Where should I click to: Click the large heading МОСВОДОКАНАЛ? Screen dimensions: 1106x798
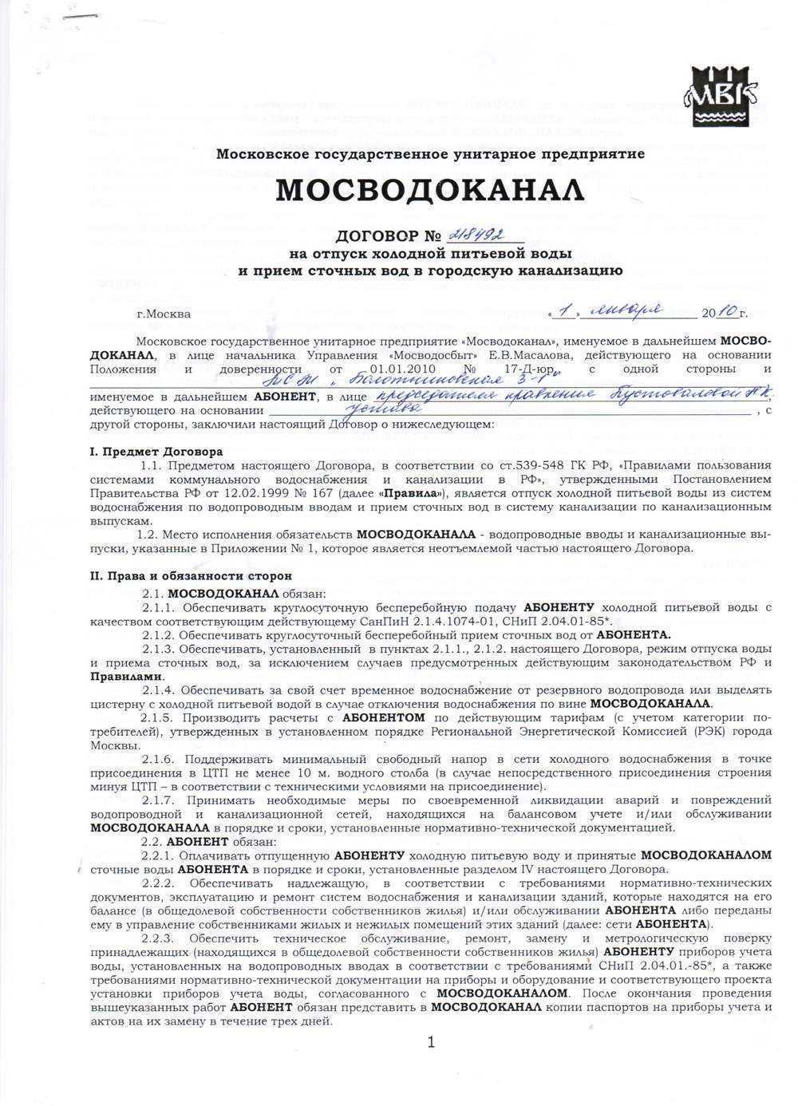tap(430, 190)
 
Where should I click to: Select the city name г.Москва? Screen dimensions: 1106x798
tap(164, 314)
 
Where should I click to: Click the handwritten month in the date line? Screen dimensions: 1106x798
tap(630, 310)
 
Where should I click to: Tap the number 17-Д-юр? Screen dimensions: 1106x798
tap(540, 369)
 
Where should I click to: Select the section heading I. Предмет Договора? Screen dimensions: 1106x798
tap(156, 451)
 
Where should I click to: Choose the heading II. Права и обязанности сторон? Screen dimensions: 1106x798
tap(191, 575)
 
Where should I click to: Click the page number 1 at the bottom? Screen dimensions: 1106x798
tap(431, 1041)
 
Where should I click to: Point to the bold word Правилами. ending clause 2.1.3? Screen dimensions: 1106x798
tap(119, 675)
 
